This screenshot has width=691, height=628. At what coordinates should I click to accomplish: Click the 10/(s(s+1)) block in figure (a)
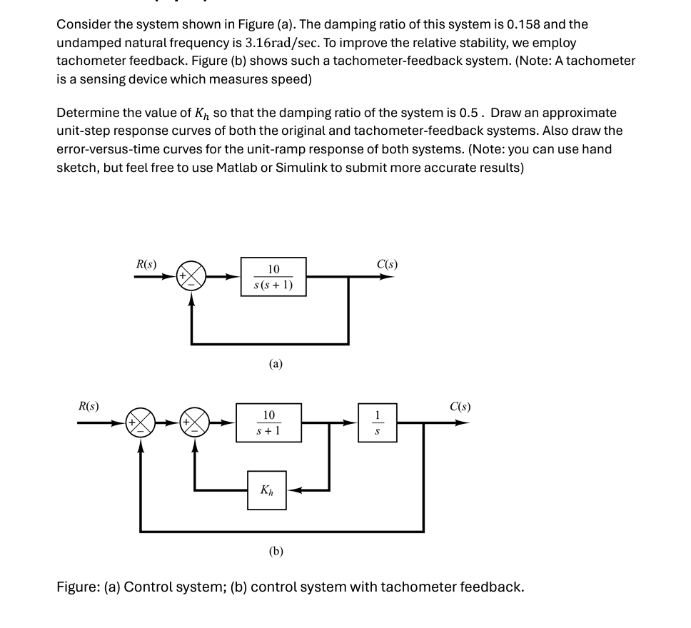click(x=273, y=277)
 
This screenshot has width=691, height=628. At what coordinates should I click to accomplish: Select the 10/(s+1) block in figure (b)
click(x=268, y=422)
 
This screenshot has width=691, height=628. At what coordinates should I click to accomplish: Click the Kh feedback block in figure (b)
click(x=266, y=490)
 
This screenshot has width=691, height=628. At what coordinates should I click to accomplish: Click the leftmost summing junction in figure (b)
click(x=140, y=422)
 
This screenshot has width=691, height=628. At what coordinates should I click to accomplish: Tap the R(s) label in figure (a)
click(x=146, y=263)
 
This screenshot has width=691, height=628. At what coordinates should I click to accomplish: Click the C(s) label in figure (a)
click(x=387, y=263)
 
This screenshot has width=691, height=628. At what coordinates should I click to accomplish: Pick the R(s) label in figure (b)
click(x=89, y=407)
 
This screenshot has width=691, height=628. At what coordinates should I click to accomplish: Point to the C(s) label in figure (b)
click(x=460, y=407)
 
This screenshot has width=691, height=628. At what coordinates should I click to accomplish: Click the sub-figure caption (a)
click(x=276, y=364)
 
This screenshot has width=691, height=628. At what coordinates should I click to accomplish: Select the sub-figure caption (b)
click(x=276, y=551)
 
